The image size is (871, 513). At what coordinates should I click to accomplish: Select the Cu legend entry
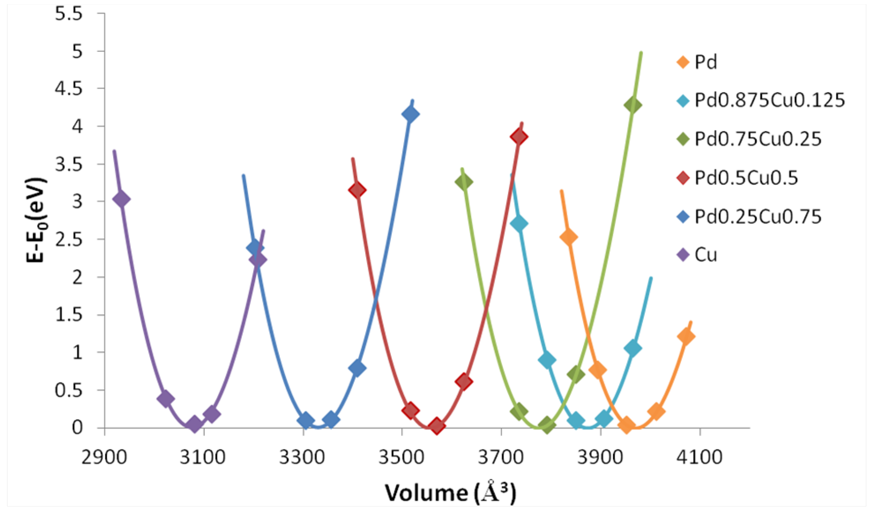(706, 255)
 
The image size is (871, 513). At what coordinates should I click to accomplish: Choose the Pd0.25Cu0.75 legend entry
(757, 217)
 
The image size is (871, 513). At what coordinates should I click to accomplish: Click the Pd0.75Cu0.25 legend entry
(757, 139)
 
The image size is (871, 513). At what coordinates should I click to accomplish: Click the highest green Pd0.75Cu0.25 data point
(633, 105)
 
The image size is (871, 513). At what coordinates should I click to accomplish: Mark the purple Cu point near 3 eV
(121, 199)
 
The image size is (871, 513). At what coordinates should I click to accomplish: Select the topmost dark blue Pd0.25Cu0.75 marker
(411, 114)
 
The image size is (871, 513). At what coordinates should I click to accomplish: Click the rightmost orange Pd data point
(686, 336)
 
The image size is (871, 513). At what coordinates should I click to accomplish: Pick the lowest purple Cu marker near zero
(194, 424)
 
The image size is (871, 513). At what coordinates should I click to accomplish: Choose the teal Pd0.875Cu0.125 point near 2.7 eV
(518, 224)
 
